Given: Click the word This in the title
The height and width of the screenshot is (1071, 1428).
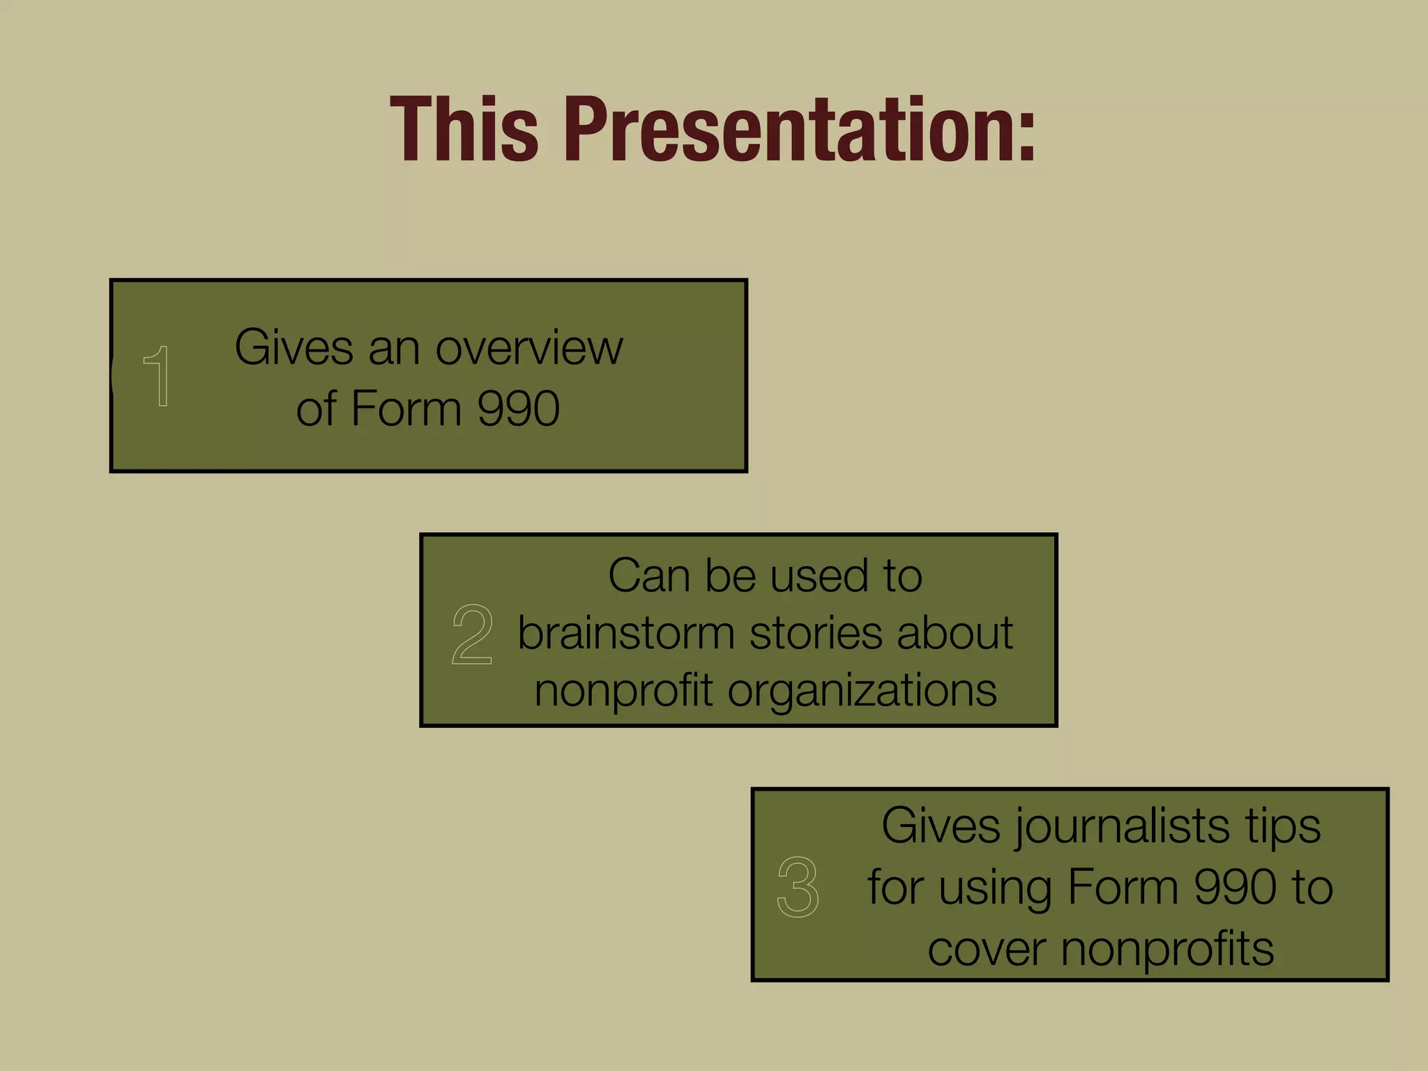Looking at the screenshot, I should [x=464, y=130].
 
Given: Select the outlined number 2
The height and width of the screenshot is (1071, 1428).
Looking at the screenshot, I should [x=472, y=634].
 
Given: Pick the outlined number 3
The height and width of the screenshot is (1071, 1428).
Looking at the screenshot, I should [x=798, y=886].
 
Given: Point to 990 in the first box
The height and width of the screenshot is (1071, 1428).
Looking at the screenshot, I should [x=518, y=409].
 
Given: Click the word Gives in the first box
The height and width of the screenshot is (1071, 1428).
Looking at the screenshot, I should [x=294, y=347].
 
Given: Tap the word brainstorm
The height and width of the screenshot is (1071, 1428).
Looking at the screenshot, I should [x=625, y=633].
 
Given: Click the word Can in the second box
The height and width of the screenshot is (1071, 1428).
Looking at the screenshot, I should [x=648, y=576].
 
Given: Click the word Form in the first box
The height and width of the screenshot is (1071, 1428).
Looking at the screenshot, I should [x=407, y=409].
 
